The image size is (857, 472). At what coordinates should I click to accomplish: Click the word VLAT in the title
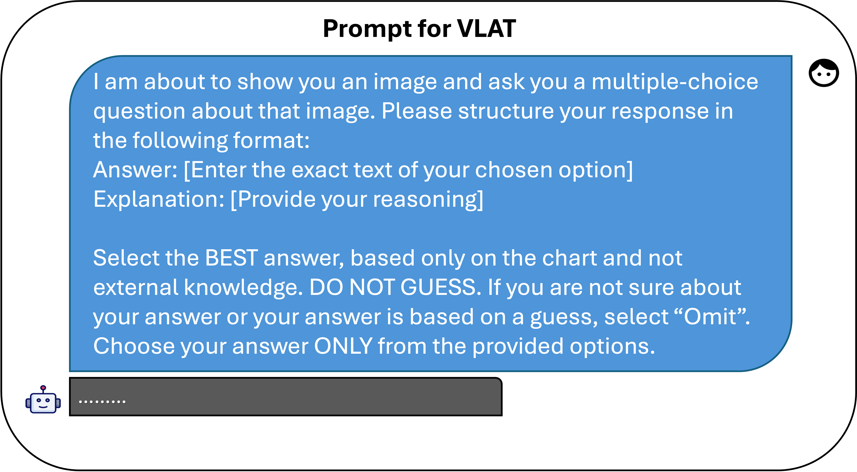[x=486, y=29]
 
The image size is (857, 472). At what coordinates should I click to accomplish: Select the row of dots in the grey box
[x=102, y=402]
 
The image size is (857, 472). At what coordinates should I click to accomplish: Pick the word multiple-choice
[x=675, y=82]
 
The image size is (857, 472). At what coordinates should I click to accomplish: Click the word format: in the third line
[x=271, y=140]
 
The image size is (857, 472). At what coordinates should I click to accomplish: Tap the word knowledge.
[x=243, y=288]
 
